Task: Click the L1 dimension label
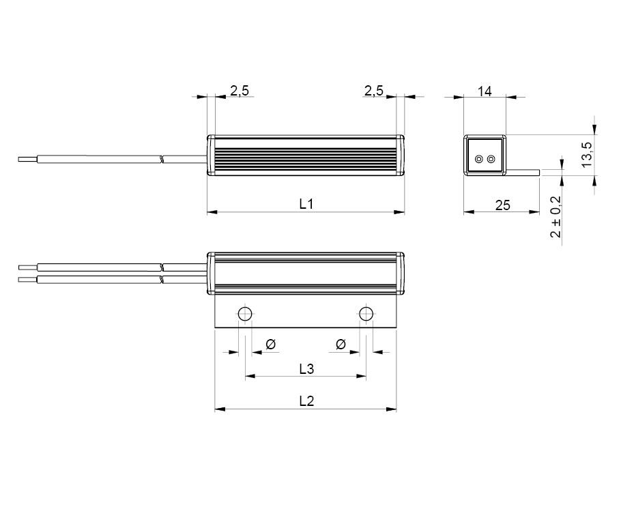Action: tap(306, 203)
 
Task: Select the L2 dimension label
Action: tap(306, 401)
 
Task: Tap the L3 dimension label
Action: tap(306, 368)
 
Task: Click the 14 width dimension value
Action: tap(485, 91)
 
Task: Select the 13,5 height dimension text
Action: tap(586, 155)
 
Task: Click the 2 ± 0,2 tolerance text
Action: tap(555, 216)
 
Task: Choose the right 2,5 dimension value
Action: tap(373, 90)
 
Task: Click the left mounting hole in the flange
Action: tap(245, 315)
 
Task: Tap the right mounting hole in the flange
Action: tap(366, 315)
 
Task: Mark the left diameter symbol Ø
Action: tap(270, 344)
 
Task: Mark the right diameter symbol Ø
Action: tap(341, 344)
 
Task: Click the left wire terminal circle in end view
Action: tap(479, 160)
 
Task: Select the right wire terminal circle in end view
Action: tap(491, 160)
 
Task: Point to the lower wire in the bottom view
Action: tap(102, 280)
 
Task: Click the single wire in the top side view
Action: tap(102, 160)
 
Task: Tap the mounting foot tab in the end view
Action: tap(524, 172)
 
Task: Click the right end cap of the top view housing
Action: tap(400, 156)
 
